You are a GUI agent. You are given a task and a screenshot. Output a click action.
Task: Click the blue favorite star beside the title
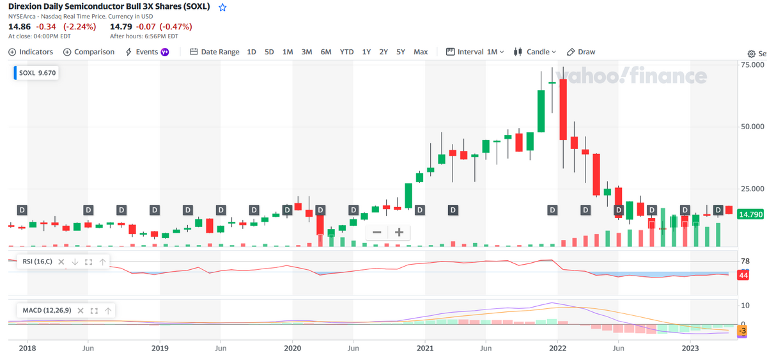click(222, 7)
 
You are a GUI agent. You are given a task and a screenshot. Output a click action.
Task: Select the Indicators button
click(31, 52)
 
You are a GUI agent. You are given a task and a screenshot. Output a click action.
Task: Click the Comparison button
click(89, 52)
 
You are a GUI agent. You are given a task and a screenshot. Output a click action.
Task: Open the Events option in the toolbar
click(147, 52)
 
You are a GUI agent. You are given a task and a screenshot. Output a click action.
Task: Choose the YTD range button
click(346, 52)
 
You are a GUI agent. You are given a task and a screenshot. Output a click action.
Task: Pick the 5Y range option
click(401, 52)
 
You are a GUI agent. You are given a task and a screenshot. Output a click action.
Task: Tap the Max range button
click(421, 52)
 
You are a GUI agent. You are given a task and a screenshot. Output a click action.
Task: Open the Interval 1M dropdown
click(475, 52)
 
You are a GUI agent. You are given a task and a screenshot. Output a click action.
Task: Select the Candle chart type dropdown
click(534, 52)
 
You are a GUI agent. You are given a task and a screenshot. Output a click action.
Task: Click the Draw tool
click(581, 52)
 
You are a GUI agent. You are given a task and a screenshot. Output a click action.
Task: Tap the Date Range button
click(215, 52)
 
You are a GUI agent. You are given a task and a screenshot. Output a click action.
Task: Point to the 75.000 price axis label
click(752, 65)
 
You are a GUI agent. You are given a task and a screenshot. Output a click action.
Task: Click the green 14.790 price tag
click(750, 214)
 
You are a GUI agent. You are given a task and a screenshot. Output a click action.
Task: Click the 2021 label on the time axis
click(425, 348)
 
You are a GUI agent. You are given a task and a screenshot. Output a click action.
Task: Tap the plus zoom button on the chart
click(399, 233)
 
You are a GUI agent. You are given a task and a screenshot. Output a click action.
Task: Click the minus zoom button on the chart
click(377, 233)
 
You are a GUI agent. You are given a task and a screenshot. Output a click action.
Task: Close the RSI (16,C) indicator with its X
click(61, 262)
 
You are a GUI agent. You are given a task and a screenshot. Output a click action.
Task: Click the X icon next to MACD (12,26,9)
click(81, 311)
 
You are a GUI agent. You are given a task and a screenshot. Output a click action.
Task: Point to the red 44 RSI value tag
click(743, 276)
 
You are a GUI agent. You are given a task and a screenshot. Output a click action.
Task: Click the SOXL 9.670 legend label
click(37, 73)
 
